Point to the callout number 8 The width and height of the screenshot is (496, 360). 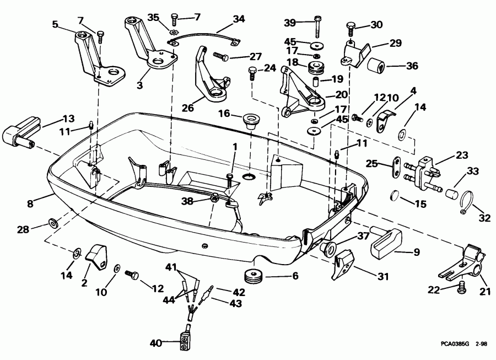(x=31, y=204)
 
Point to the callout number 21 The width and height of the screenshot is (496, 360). (x=484, y=292)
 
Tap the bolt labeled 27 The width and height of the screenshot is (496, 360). (x=219, y=56)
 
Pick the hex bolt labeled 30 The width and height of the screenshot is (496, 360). (x=351, y=25)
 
